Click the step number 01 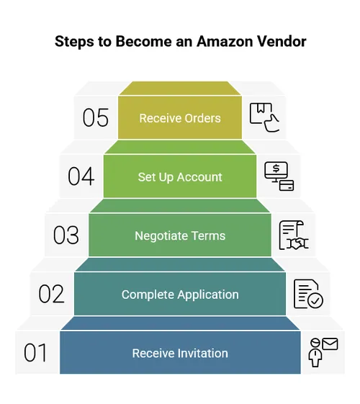[35, 353]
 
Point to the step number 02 [51, 294]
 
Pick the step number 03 [66, 235]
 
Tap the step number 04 [81, 176]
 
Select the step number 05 [95, 118]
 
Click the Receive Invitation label [180, 353]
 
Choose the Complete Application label [180, 295]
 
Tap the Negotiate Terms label [180, 235]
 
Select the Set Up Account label [180, 177]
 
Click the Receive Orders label [180, 118]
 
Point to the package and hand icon [264, 117]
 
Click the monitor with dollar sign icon [279, 176]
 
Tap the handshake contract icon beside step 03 [294, 235]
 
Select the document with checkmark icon [307, 294]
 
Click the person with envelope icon [323, 351]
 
